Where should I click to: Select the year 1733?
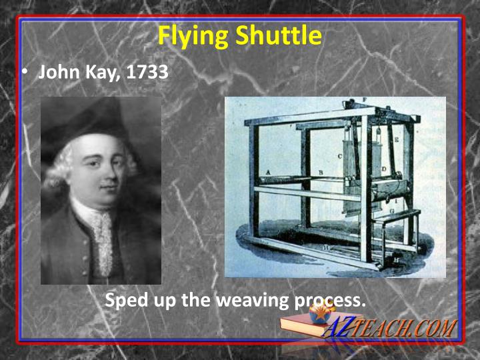147,71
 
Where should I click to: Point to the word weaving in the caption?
253,300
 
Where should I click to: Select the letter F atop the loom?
364,101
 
